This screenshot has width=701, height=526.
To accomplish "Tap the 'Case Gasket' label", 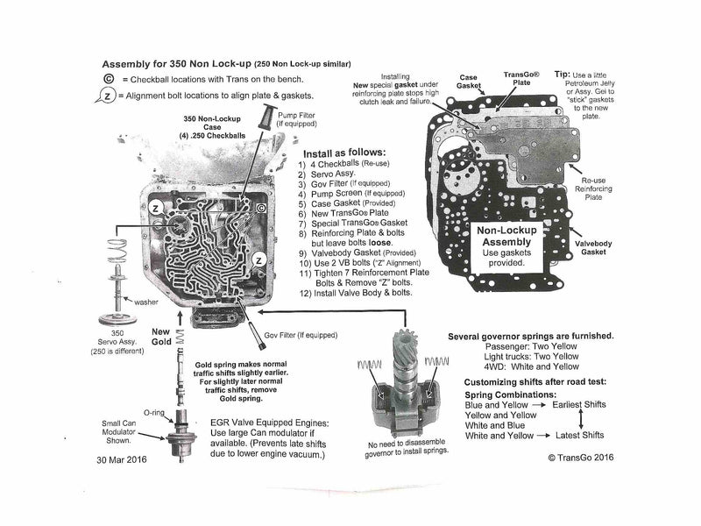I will click(469, 82).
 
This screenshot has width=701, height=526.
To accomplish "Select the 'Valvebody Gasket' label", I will click(598, 247).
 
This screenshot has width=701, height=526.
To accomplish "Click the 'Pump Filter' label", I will click(297, 121).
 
